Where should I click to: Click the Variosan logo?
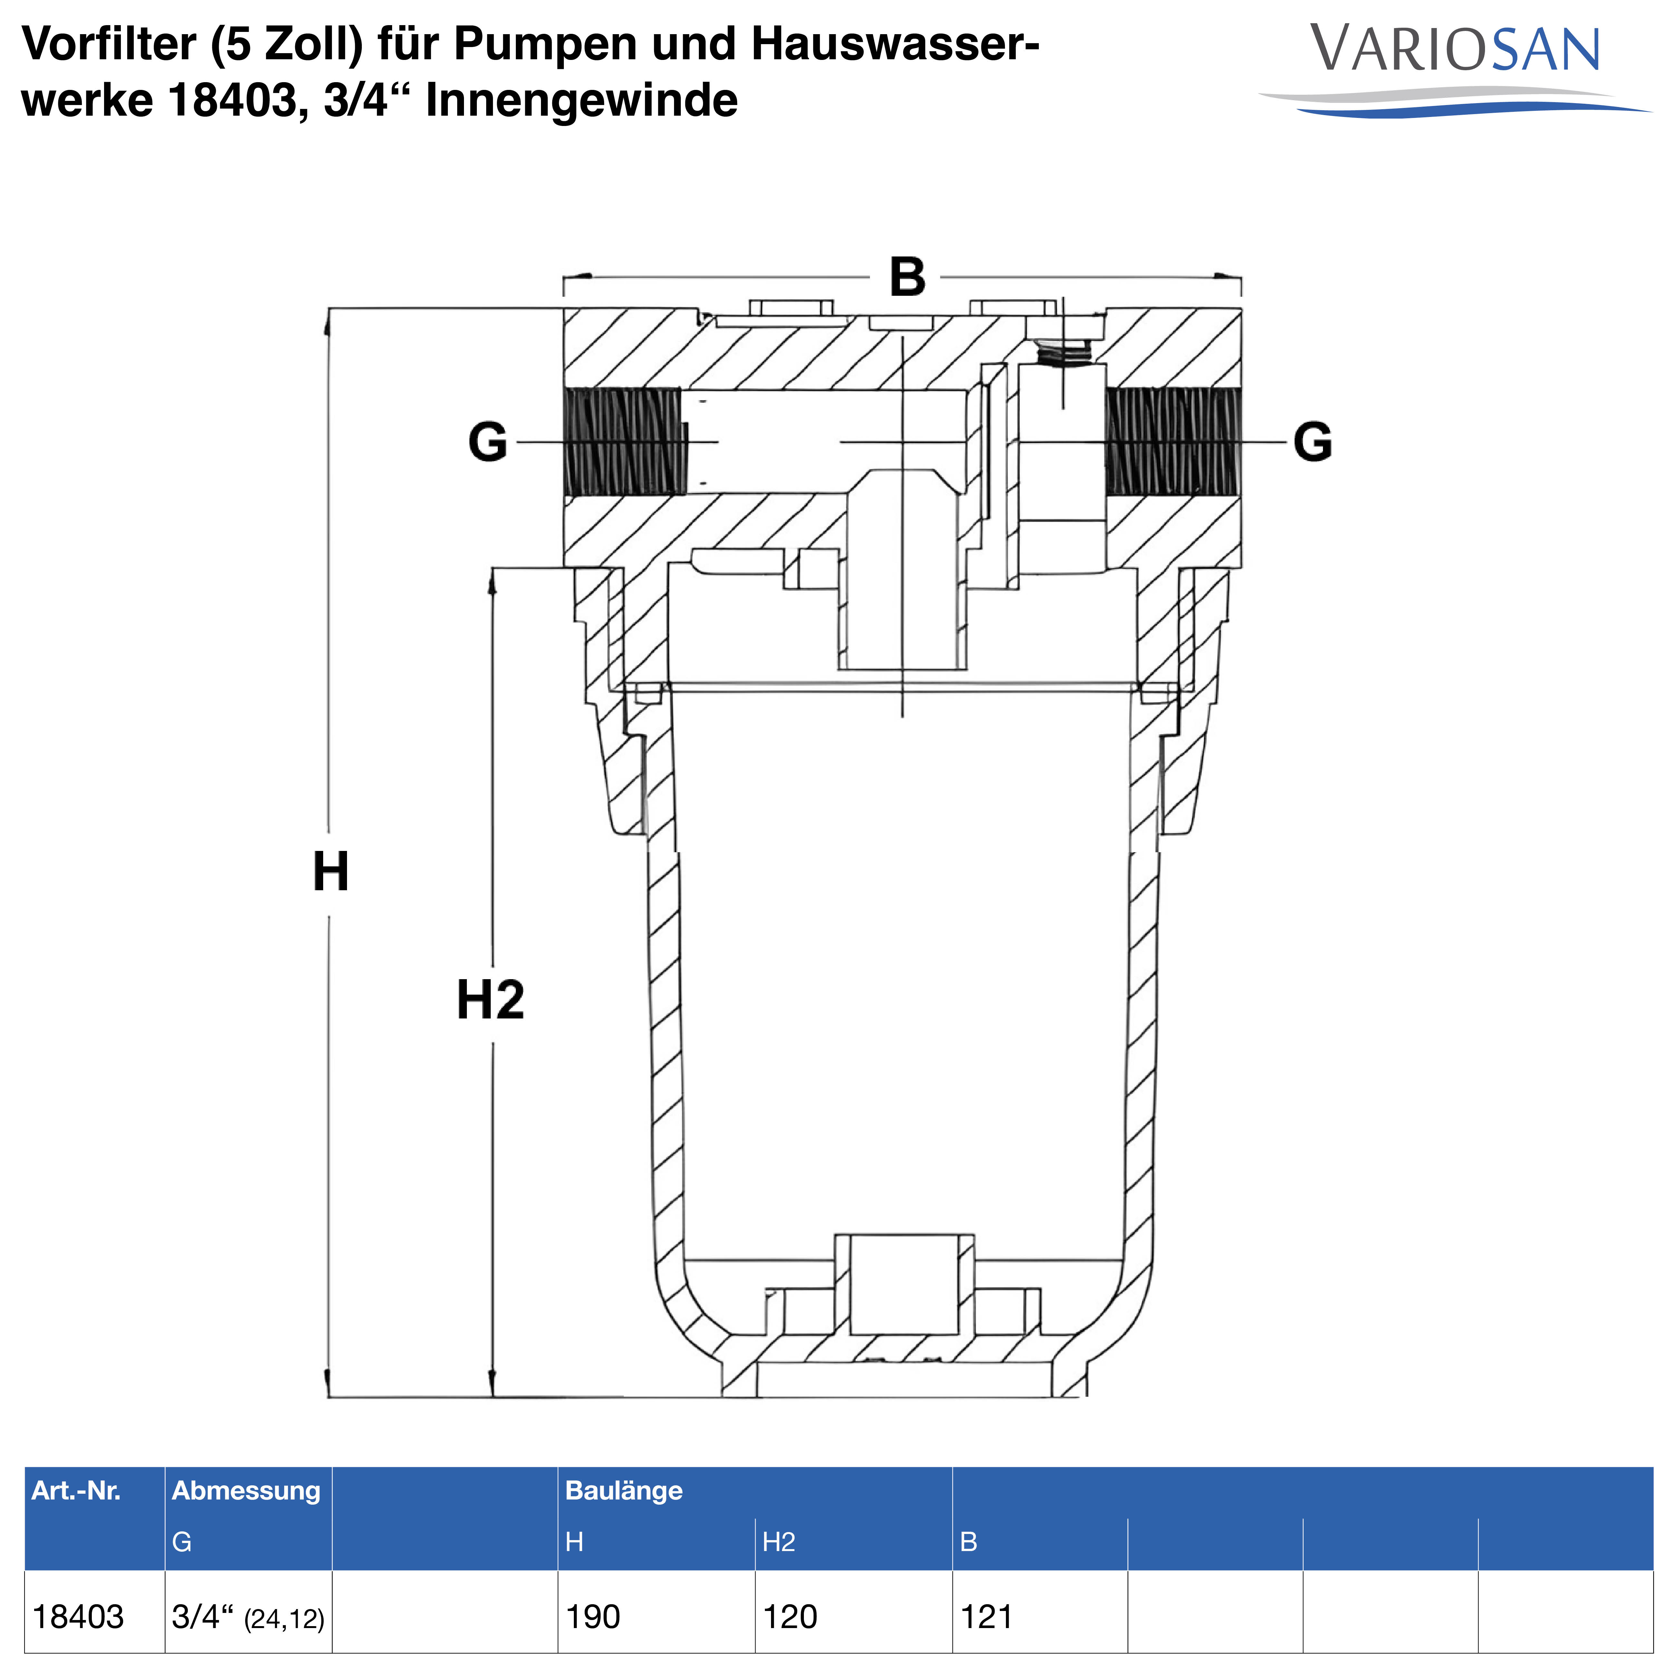coord(1455,70)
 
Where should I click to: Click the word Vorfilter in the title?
coord(109,43)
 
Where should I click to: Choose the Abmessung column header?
coord(246,1490)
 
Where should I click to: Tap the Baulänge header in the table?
coord(623,1490)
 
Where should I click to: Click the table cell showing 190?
coord(592,1616)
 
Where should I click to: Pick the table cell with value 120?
coord(789,1616)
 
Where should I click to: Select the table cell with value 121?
coord(987,1616)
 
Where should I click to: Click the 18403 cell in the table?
coord(78,1616)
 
